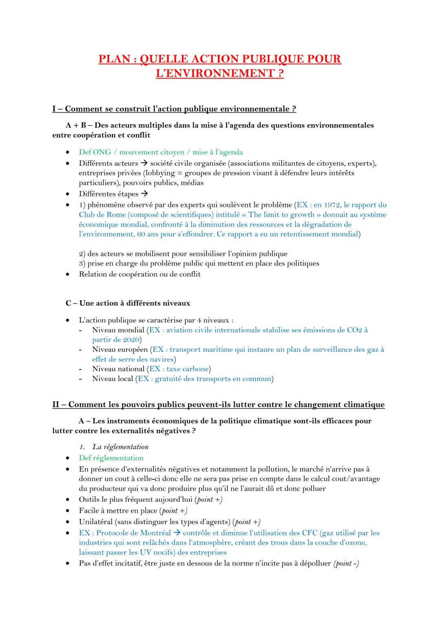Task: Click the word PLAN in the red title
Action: tap(114, 59)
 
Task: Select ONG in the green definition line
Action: tap(102, 152)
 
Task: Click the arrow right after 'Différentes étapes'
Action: tap(144, 194)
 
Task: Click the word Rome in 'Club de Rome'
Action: tap(116, 215)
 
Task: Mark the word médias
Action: tap(192, 183)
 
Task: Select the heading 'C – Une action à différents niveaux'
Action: tap(128, 303)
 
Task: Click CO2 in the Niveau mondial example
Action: tap(354, 330)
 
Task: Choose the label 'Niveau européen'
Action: tap(120, 349)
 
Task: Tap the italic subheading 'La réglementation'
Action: tap(120, 447)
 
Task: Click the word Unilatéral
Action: tap(96, 522)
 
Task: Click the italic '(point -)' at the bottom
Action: tap(346, 564)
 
